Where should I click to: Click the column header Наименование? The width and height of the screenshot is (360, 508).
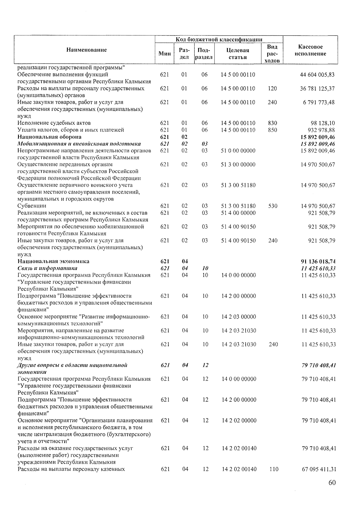pos(87,50)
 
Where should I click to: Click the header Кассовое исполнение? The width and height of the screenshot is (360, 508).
pos(310,50)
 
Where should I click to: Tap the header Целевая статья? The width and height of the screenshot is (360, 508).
pos(238,54)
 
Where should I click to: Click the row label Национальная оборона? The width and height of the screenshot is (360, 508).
pos(49,137)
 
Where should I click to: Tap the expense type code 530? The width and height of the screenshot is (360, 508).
pos(273,206)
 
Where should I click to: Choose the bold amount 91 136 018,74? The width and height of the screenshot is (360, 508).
pos(316,262)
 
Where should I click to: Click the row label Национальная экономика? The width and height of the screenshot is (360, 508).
pos(53,261)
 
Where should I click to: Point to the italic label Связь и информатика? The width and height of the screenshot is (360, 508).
pos(47,268)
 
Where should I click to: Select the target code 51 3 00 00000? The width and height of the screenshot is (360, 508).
pos(238,165)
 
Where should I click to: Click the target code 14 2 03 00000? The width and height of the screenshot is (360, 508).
pos(239,317)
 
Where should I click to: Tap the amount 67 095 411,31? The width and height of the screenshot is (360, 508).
pos(319,469)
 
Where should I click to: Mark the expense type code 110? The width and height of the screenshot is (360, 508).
pos(274,469)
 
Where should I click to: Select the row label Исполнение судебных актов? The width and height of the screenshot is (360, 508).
pos(54,123)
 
